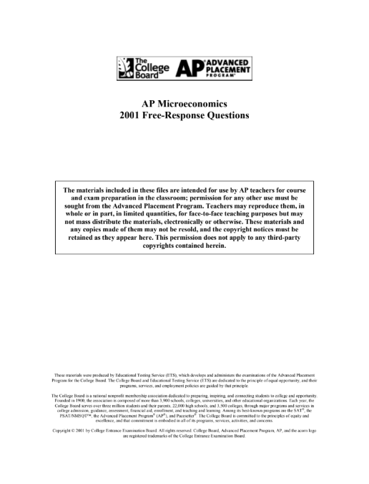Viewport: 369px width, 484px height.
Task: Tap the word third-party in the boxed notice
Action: (287, 246)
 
